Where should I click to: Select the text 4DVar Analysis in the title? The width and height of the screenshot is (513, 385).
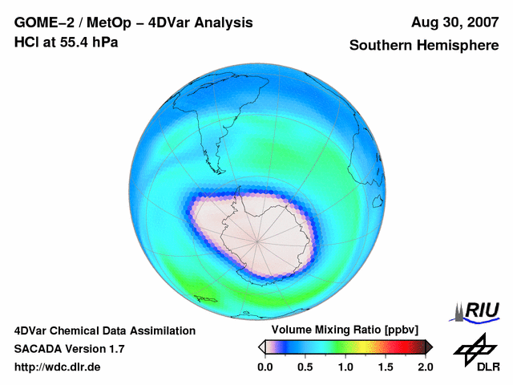[204, 22]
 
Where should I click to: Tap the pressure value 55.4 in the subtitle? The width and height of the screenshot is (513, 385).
[75, 42]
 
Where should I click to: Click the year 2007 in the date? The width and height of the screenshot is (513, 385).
[479, 22]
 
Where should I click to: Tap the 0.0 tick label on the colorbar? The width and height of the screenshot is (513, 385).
[265, 367]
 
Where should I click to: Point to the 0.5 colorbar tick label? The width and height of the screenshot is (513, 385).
[305, 367]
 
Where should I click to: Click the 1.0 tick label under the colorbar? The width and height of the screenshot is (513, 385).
[345, 367]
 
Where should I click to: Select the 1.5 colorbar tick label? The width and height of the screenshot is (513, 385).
[385, 367]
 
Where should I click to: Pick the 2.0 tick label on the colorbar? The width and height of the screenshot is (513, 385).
[425, 367]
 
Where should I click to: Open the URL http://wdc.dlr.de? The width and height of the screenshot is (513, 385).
[58, 367]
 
